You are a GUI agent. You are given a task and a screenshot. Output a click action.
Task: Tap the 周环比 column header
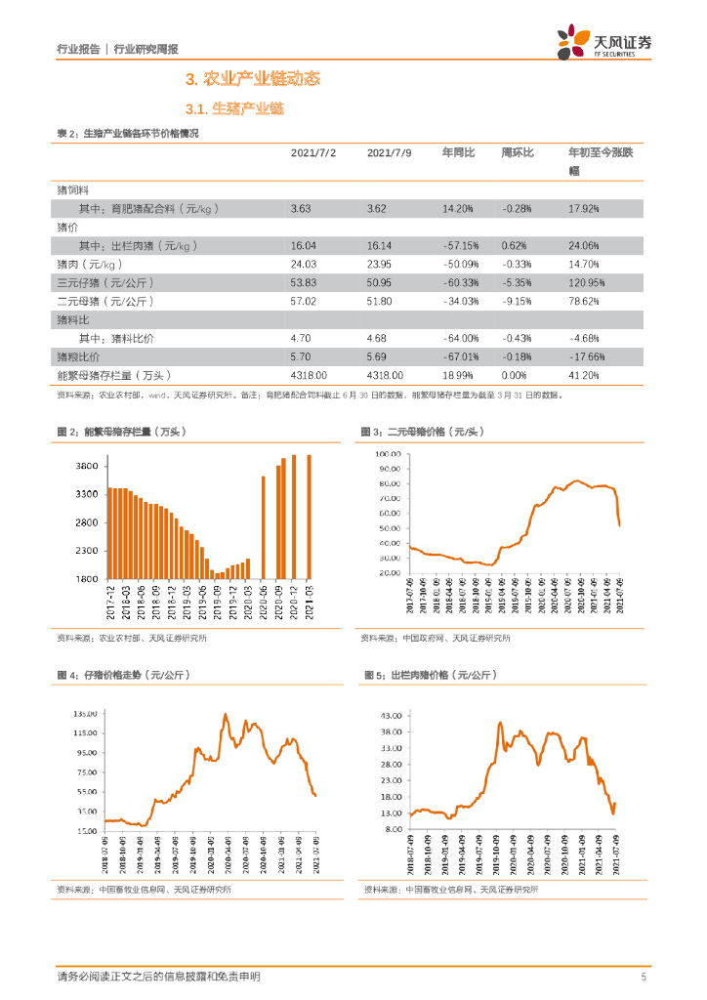point(517,153)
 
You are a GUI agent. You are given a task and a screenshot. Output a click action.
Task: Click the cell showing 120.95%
point(587,282)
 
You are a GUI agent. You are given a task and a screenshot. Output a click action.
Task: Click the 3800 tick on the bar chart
point(86,467)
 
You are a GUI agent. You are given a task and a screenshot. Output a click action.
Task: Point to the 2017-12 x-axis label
point(110,602)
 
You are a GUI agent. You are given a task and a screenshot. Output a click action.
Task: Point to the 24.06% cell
point(584,245)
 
